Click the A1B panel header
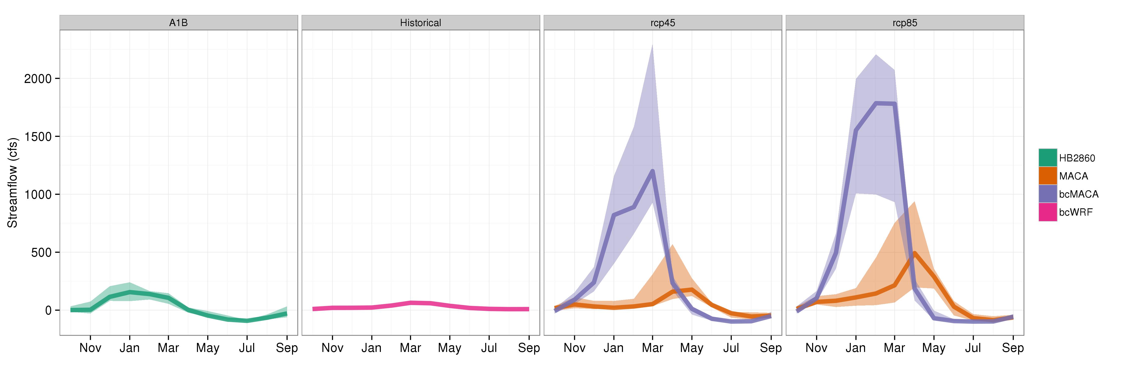click(178, 23)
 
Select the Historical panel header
click(420, 23)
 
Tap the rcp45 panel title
click(662, 23)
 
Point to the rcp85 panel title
click(905, 23)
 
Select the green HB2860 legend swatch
click(1047, 158)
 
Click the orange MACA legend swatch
click(1047, 176)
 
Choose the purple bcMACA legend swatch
click(1047, 194)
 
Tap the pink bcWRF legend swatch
click(1047, 212)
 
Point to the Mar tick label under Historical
click(410, 348)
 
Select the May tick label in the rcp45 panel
click(692, 348)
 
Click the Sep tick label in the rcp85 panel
click(1012, 348)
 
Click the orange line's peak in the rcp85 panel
click(915, 253)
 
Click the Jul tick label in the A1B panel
click(247, 348)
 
